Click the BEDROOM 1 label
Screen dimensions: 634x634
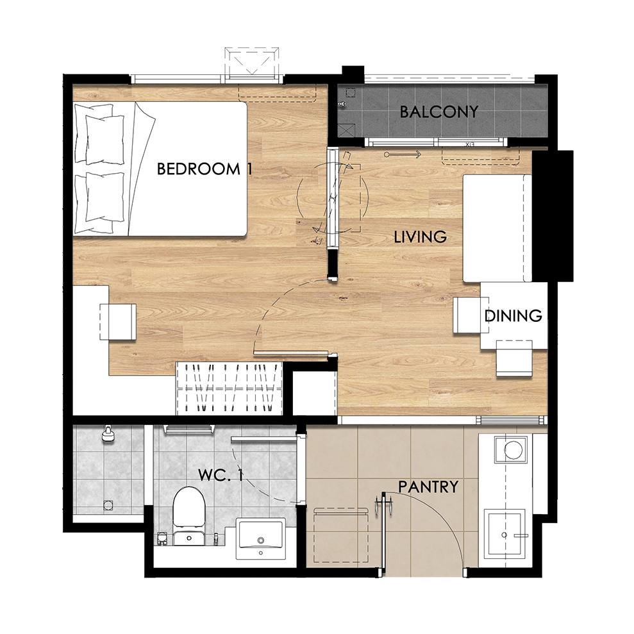[x=204, y=169]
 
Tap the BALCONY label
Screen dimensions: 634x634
[x=439, y=112]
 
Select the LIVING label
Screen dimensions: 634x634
[x=420, y=237]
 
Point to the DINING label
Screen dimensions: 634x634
[x=513, y=315]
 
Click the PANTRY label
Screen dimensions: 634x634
[x=428, y=487]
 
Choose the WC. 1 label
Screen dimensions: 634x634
[x=221, y=475]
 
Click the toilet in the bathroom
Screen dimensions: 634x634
[x=188, y=515]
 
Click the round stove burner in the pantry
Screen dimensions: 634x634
[x=513, y=449]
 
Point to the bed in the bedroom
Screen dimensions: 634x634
[x=160, y=169]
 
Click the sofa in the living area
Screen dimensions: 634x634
[x=497, y=228]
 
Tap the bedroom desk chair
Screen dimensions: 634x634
[x=118, y=322]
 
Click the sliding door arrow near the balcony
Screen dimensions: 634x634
[x=403, y=154]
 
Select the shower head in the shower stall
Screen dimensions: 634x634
[x=108, y=434]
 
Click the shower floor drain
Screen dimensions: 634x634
[x=108, y=505]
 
